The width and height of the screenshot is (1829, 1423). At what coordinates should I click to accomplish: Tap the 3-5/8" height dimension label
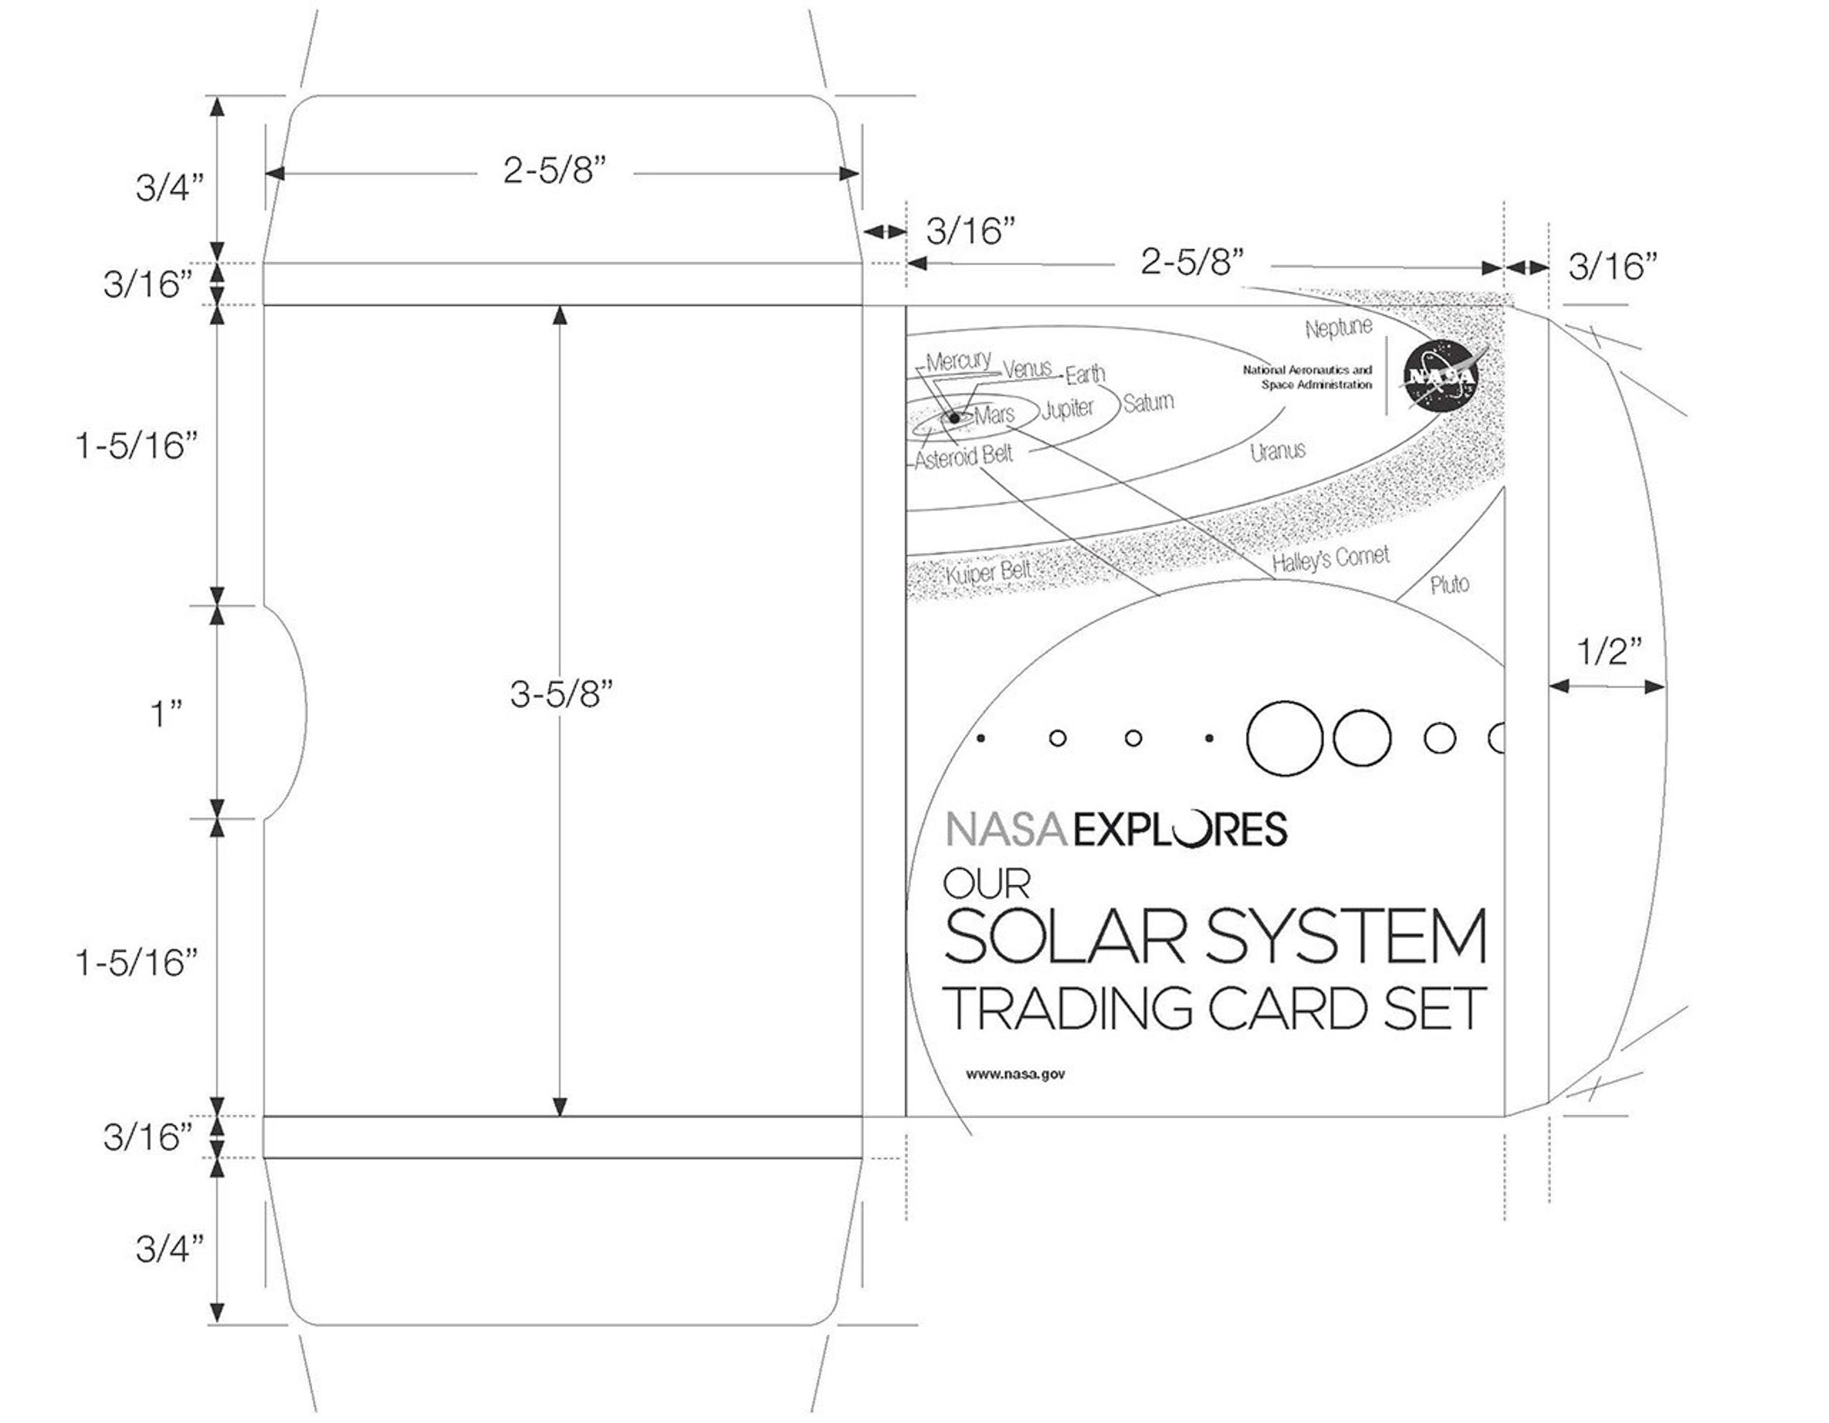pos(561,694)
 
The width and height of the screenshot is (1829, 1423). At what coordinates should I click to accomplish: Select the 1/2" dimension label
pos(1609,652)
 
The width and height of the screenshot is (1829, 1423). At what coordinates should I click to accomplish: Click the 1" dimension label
pos(166,714)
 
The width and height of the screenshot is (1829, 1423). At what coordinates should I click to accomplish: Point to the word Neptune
pos(1338,327)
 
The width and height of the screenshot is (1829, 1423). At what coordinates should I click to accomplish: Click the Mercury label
pos(958,361)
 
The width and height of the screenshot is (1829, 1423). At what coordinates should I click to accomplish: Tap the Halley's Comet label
pos(1331,559)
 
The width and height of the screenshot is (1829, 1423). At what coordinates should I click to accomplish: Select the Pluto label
pos(1450,584)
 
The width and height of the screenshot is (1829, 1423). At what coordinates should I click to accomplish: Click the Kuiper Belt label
pos(988,573)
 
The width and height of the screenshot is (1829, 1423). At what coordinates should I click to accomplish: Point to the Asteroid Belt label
pos(963,456)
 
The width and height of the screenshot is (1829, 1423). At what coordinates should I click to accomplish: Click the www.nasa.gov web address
pos(1015,1074)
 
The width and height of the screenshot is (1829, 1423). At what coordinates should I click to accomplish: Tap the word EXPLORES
pos(1179,829)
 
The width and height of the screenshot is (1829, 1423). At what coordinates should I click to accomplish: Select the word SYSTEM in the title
pos(1346,936)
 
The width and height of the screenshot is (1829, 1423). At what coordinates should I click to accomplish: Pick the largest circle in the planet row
pos(1285,738)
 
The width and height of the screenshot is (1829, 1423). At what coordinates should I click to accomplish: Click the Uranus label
pos(1278,452)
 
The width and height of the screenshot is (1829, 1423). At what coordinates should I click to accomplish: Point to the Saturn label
pos(1148,403)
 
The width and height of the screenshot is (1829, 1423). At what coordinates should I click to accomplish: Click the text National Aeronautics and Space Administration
pos(1307,377)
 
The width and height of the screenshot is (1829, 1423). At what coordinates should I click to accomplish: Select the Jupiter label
pos(1068,409)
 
